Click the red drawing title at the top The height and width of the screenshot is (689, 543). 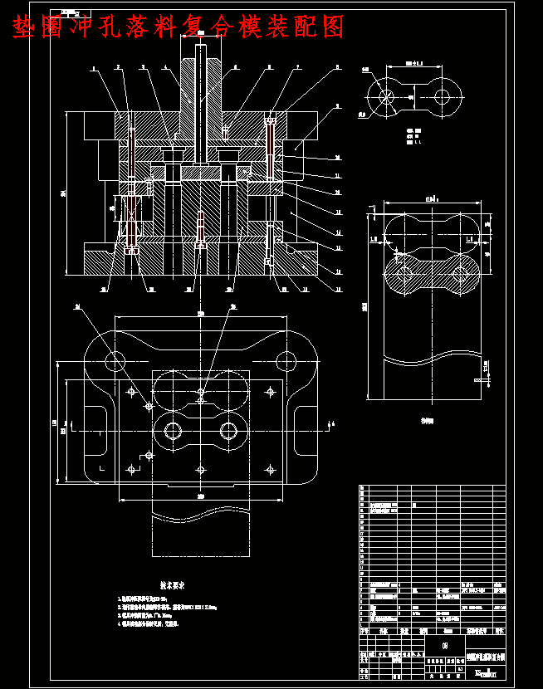pos(178,27)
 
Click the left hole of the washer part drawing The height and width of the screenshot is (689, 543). pos(385,97)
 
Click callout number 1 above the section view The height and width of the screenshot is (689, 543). pos(93,68)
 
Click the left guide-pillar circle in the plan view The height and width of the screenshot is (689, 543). pos(115,360)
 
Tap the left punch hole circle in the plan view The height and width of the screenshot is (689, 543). pos(174,431)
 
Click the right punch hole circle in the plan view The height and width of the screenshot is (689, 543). pos(228,431)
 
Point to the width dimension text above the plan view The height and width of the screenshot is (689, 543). pos(200,315)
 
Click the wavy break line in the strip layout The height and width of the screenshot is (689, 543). pos(430,360)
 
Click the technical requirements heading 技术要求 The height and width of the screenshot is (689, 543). pos(177,584)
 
